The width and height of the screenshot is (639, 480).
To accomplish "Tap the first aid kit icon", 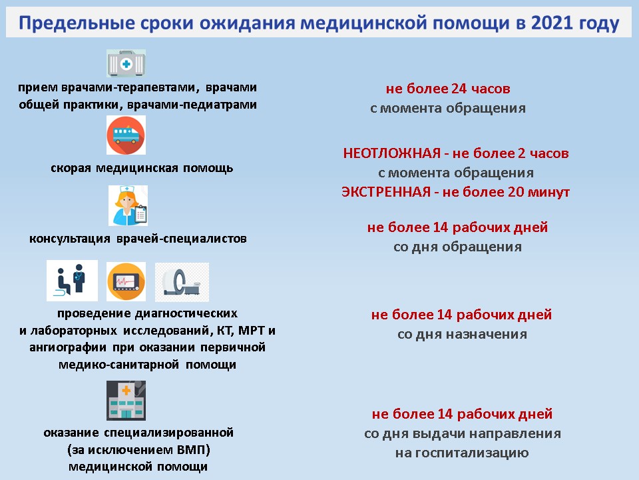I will (x=126, y=64).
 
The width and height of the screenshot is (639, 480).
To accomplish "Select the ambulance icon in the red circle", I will (x=126, y=135).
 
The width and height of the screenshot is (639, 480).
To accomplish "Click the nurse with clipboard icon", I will (x=128, y=205).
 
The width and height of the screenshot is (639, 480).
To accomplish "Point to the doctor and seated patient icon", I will (x=72, y=281).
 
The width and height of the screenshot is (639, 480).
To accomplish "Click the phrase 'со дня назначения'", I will (x=462, y=334).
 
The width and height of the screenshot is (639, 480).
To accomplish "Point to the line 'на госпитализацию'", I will (x=462, y=453).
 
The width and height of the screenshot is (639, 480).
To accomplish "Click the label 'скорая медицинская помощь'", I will (x=142, y=167).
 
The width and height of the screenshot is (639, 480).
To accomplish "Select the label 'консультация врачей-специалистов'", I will (x=138, y=238).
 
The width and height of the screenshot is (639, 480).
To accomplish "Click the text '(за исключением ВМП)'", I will (x=138, y=450).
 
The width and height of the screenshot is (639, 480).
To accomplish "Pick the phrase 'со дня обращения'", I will (x=457, y=247).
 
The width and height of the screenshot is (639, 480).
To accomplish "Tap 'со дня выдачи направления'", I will (x=462, y=433).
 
